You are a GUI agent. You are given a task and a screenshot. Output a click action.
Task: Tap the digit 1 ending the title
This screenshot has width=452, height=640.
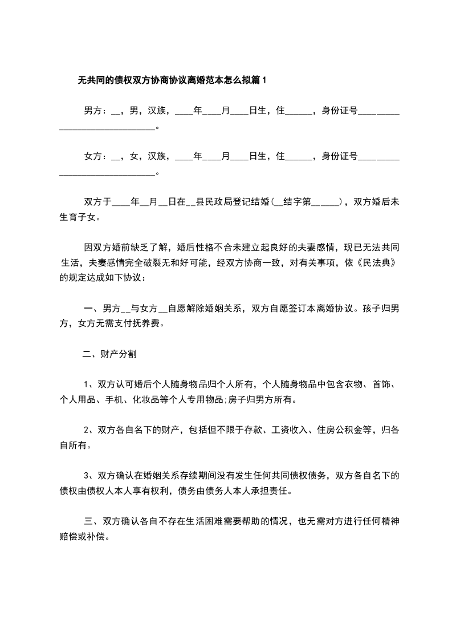[264, 80]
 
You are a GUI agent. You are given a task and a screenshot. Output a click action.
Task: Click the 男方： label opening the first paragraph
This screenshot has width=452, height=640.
[95, 111]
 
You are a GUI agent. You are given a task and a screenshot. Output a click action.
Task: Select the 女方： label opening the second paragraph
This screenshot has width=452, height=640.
[95, 156]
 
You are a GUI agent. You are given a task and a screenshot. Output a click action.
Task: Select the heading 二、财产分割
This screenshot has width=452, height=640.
[109, 354]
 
